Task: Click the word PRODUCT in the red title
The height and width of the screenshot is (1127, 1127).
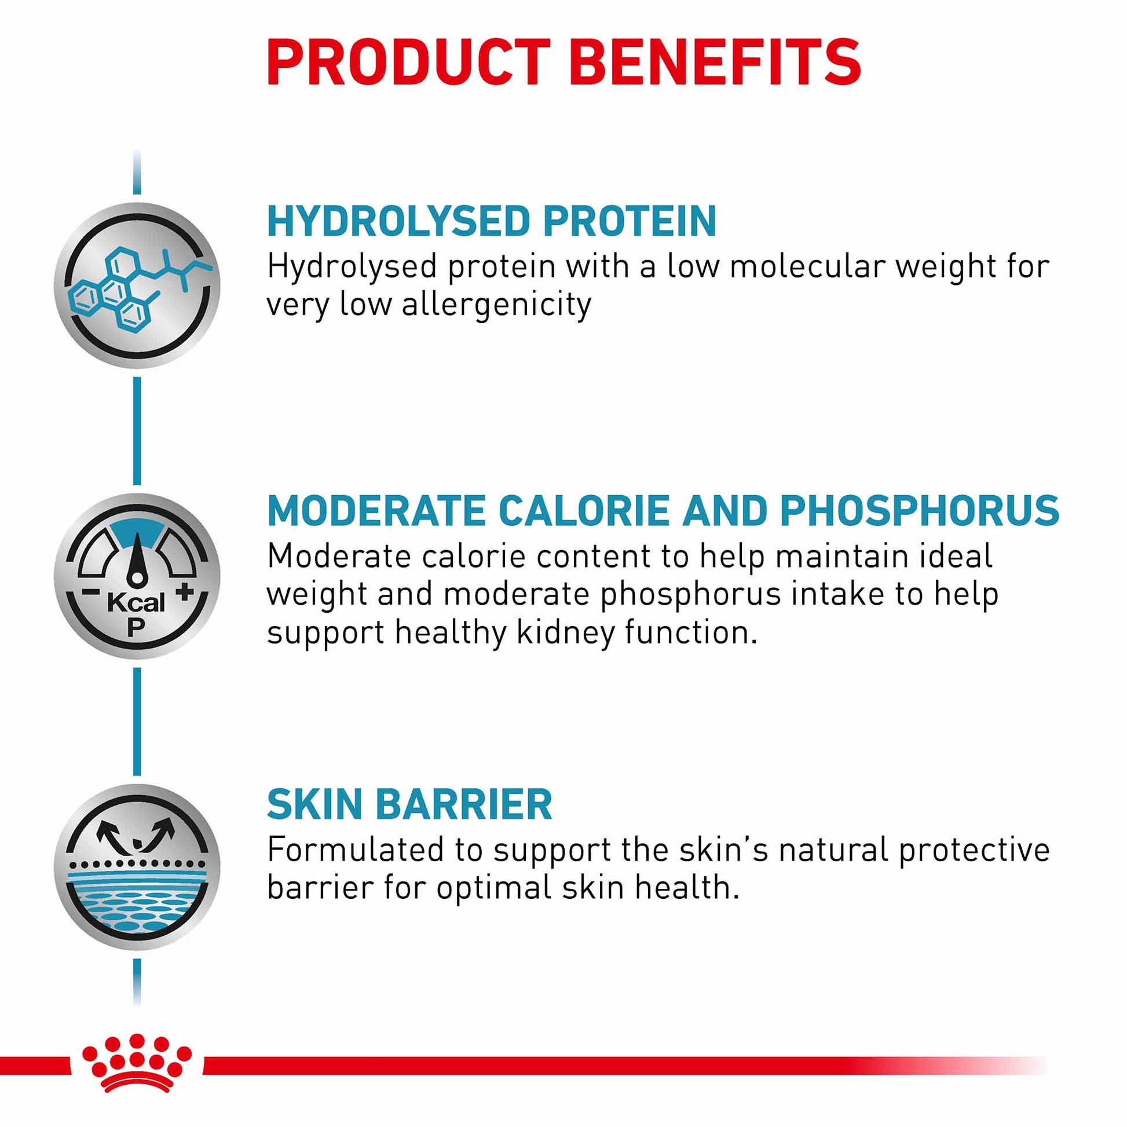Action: coord(409,63)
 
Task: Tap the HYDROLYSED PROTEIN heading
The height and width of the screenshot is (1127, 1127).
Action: coord(492,221)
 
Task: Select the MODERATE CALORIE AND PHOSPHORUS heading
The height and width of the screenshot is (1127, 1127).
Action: coord(663,510)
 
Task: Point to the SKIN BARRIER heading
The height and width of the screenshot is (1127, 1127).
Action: coord(409,804)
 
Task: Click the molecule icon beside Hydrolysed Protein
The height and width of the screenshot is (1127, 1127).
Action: coord(137,286)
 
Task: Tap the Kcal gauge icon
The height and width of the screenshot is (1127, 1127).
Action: coord(137,576)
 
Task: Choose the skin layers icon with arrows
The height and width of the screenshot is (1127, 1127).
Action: coord(137,868)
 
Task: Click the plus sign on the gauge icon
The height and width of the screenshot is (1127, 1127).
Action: coord(184,592)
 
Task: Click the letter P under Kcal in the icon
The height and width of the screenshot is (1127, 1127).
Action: coord(136,627)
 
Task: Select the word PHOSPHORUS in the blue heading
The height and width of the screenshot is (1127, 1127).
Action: coord(920,510)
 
